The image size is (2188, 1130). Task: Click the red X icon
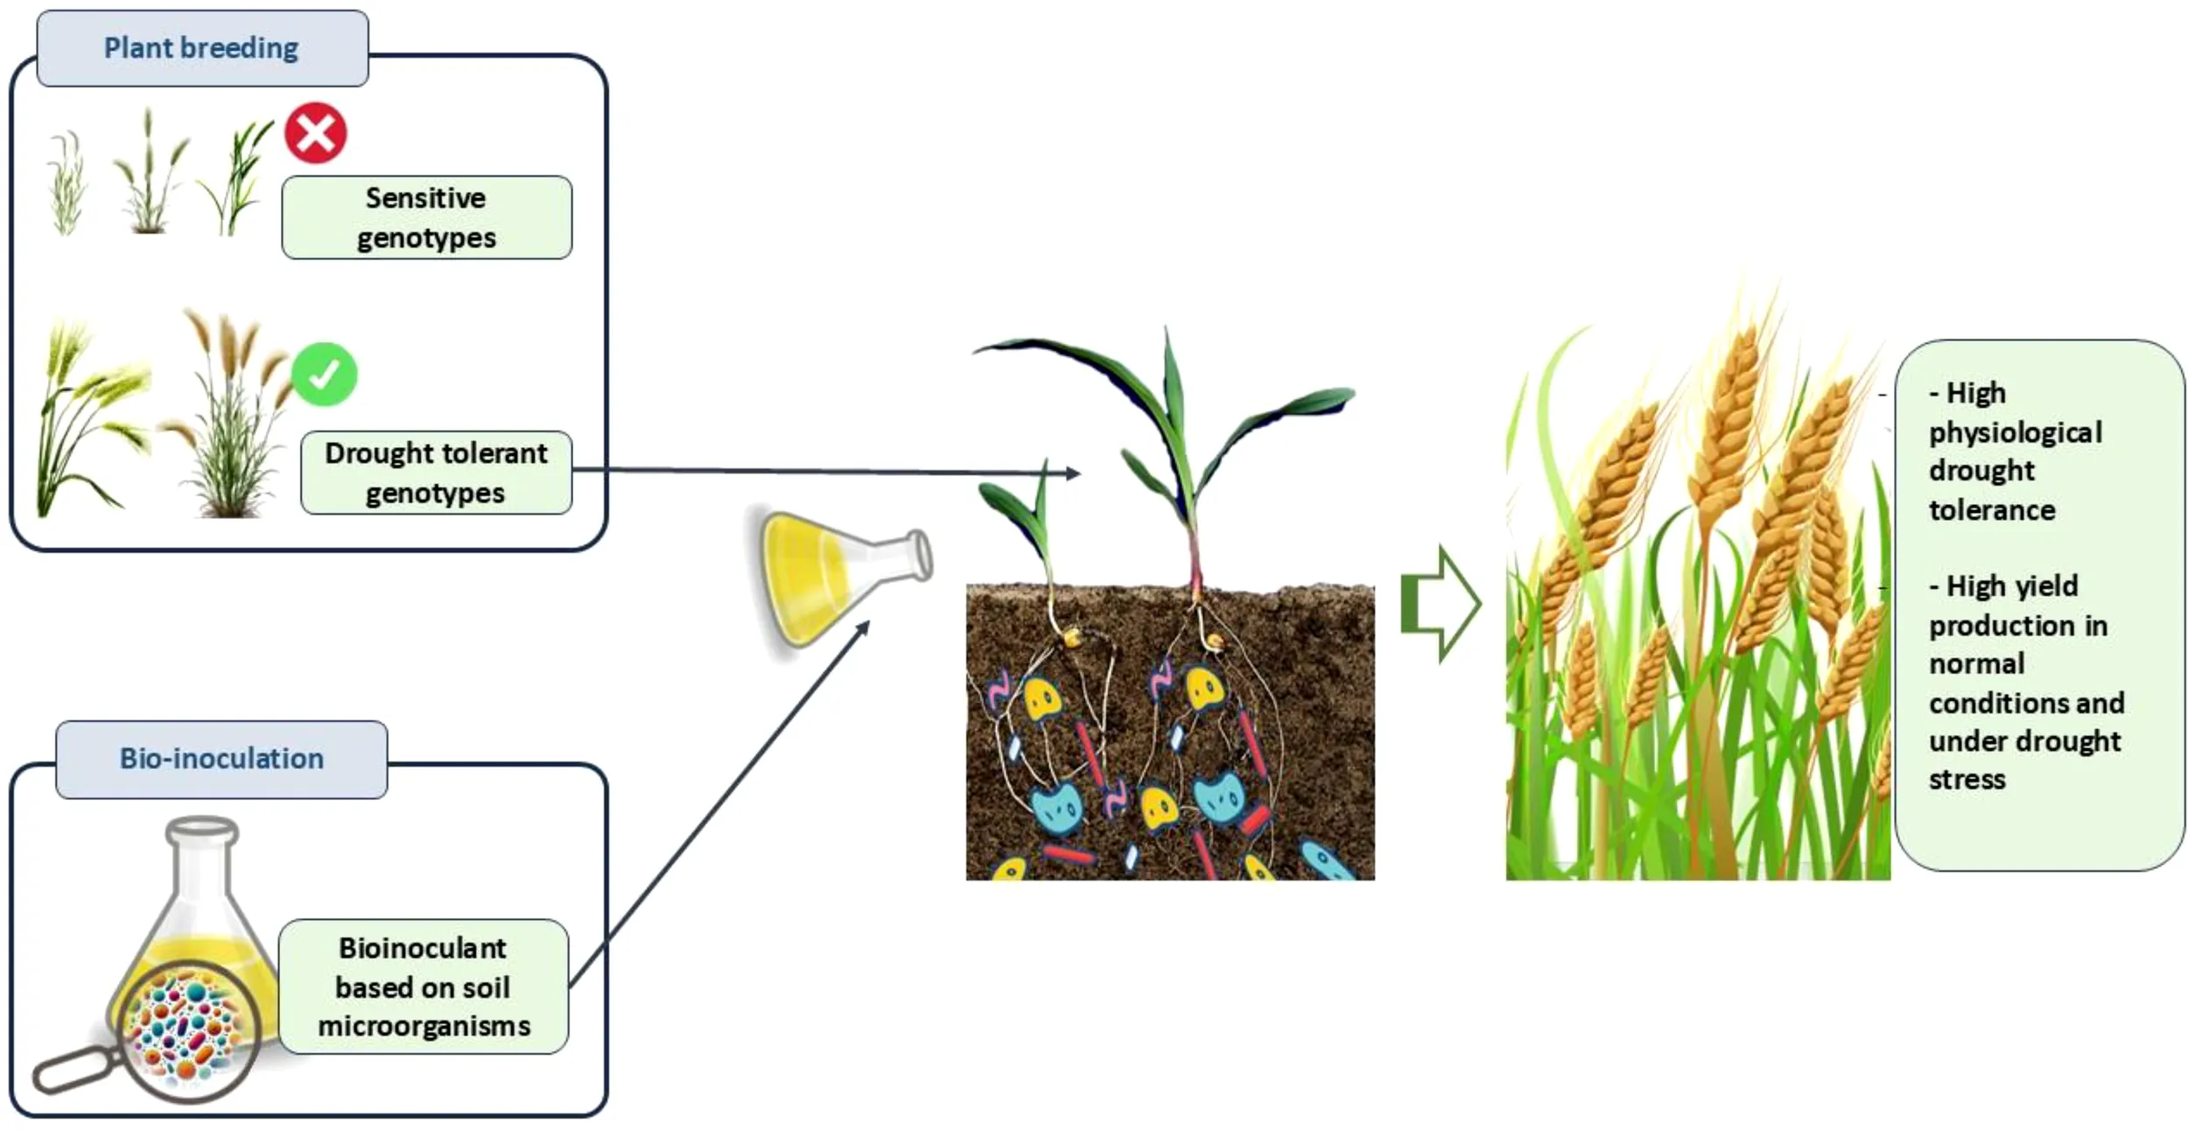[x=315, y=133]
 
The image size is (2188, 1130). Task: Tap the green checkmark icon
[x=324, y=375]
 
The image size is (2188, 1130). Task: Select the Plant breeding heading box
[x=202, y=48]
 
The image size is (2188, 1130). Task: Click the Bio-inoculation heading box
[x=221, y=759]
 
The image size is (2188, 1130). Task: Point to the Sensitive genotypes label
[x=426, y=218]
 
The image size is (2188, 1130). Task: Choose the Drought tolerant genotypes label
[x=436, y=473]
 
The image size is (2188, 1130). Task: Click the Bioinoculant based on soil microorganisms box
[x=424, y=986]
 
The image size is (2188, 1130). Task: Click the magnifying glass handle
[x=77, y=1070]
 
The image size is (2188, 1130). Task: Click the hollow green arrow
[x=1440, y=604]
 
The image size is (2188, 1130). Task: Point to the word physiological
[x=2015, y=432]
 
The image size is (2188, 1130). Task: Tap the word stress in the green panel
[x=1967, y=779]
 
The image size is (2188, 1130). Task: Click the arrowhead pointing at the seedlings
[x=1073, y=474]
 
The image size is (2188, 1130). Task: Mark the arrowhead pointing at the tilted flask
[x=863, y=628]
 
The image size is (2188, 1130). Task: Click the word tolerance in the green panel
[x=1992, y=510]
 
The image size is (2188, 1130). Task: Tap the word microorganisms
[x=424, y=1026]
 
